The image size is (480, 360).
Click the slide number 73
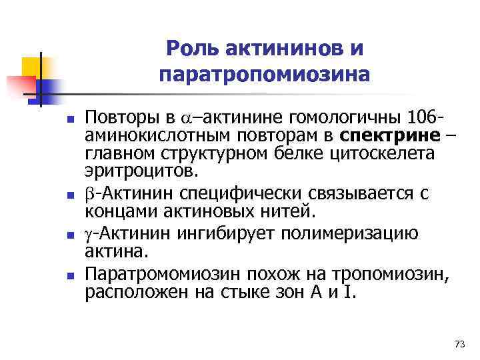tap(458, 343)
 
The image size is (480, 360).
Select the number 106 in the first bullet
tap(421, 120)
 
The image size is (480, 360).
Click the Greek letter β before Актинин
tap(90, 195)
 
